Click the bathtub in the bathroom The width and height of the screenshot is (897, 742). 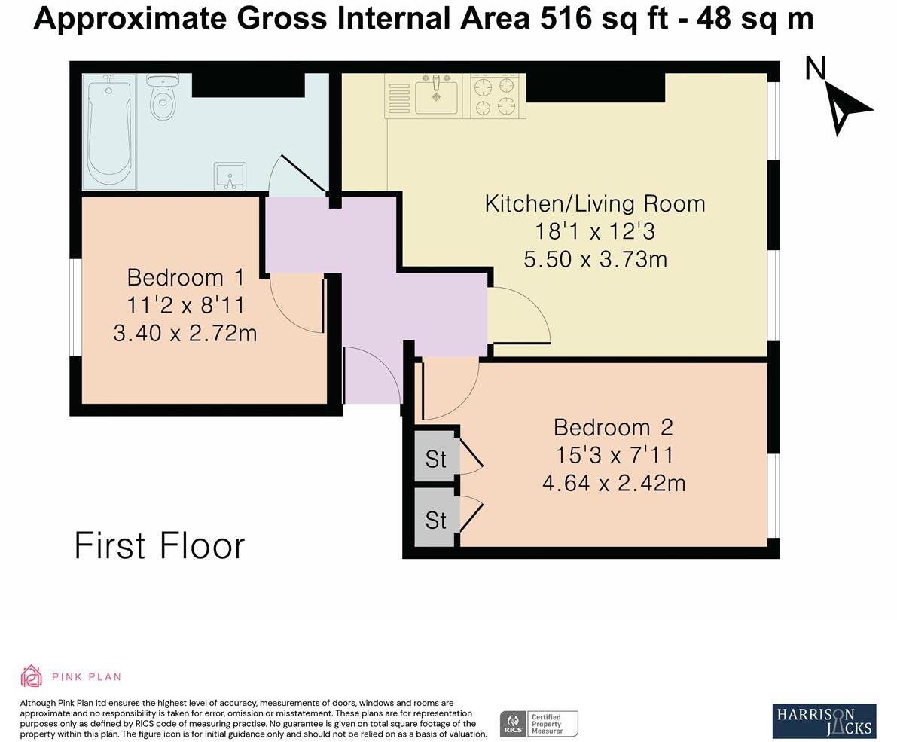tap(109, 131)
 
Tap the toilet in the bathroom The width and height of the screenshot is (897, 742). tap(162, 98)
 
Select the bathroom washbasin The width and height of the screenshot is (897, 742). tap(230, 176)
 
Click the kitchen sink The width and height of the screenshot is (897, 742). tap(436, 96)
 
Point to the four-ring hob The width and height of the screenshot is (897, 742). tap(497, 96)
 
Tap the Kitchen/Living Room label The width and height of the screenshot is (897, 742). tap(594, 203)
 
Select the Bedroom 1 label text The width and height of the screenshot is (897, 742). tap(185, 277)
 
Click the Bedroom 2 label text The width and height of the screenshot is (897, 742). tap(613, 427)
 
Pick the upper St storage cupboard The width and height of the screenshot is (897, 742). tap(435, 458)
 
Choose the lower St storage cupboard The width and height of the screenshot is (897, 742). tap(435, 520)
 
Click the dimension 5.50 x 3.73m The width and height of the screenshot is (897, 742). tap(595, 259)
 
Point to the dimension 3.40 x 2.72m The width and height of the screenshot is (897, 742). tap(185, 332)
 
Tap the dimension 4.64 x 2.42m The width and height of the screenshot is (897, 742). tap(614, 482)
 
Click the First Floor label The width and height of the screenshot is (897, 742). tap(160, 546)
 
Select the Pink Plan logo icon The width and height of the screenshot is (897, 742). tap(31, 676)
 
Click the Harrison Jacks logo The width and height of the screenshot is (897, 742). tap(824, 721)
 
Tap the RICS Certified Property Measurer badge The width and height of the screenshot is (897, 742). tap(539, 723)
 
